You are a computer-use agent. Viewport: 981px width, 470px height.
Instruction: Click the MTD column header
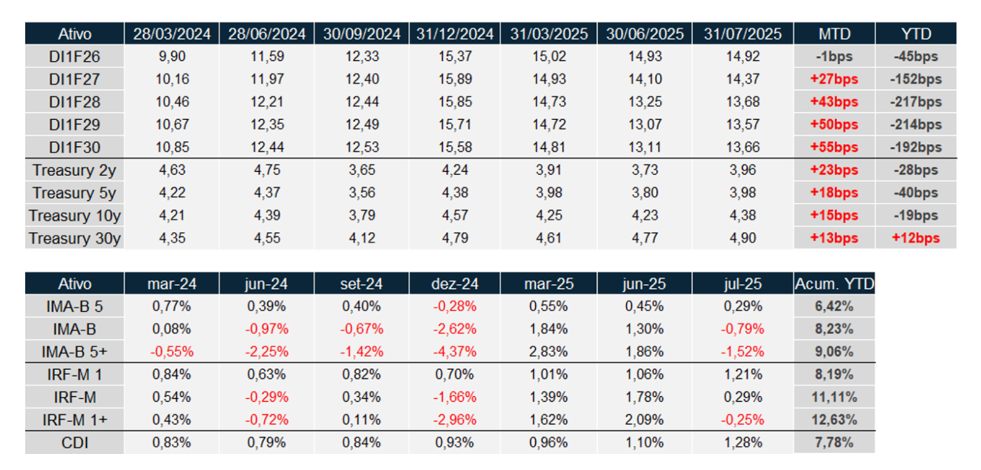coord(834,33)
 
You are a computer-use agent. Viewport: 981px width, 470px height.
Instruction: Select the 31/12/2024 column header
coord(455,33)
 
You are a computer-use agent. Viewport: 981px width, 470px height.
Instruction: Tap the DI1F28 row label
coord(74,102)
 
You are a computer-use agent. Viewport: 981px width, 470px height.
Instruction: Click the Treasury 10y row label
coord(74,216)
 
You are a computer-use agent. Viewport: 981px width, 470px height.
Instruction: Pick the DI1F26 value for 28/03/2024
coord(172,56)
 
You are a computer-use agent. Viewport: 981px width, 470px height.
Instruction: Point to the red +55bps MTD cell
coord(834,147)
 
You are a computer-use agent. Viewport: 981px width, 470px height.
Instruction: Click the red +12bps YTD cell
coord(916,238)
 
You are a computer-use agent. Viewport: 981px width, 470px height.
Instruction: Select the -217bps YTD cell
coord(916,102)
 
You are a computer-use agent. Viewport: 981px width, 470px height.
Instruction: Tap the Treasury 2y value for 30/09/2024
coord(362,170)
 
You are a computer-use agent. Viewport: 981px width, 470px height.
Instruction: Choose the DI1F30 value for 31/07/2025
coord(743,147)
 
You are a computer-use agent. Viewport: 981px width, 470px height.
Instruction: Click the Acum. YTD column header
coord(834,284)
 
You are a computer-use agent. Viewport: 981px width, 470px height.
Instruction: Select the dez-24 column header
coord(455,284)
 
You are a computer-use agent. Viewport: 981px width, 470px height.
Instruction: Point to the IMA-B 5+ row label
coord(74,352)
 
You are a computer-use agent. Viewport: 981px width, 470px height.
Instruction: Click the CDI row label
coord(74,443)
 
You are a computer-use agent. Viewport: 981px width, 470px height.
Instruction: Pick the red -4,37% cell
coord(455,352)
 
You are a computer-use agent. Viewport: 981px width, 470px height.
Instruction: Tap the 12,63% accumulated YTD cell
coord(834,420)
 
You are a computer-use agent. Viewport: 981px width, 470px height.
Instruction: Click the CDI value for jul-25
coord(743,443)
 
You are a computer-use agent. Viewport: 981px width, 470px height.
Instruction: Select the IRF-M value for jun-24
coord(267,397)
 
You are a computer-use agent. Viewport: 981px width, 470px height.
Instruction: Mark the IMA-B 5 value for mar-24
coord(172,306)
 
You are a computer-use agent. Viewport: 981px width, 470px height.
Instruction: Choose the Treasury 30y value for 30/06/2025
coord(645,238)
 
